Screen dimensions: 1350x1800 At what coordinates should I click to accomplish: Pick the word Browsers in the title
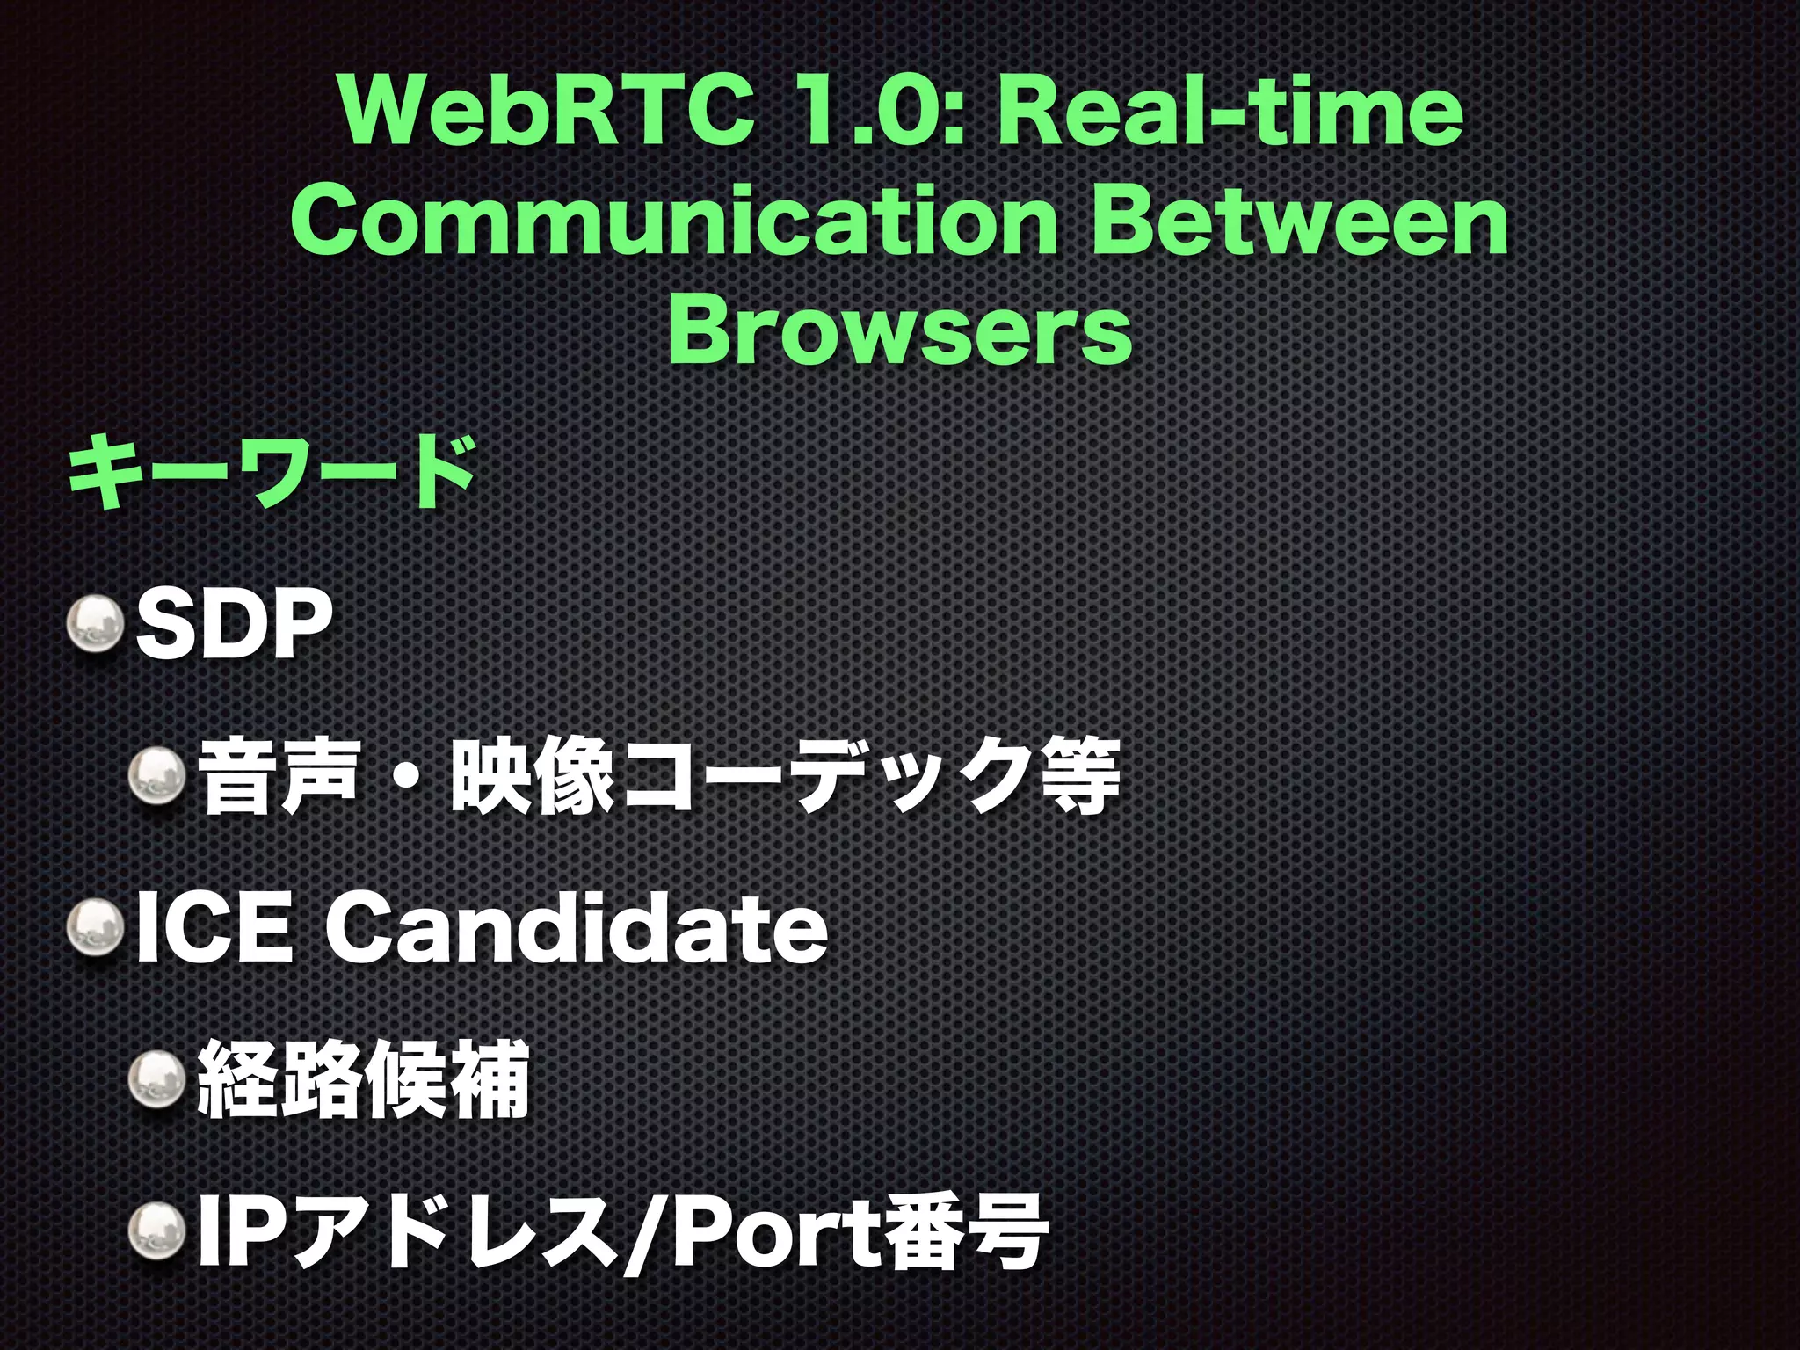tap(900, 332)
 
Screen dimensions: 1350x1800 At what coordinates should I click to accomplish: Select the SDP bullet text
tap(233, 625)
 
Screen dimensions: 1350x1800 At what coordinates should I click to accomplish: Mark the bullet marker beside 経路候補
tap(158, 1078)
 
